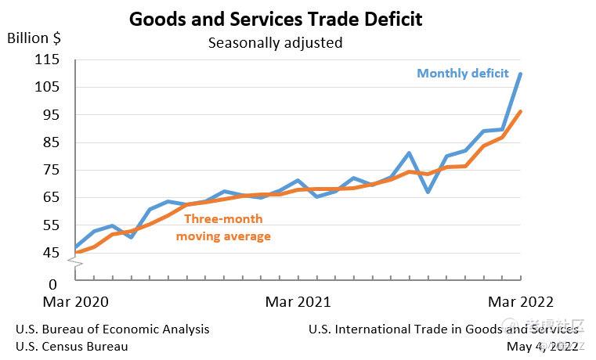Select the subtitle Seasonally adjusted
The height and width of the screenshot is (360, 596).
(x=275, y=42)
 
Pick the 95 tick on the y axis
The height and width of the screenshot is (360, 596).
(x=52, y=114)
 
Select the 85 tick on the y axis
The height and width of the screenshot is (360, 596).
(x=52, y=142)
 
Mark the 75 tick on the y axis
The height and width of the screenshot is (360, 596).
(x=52, y=170)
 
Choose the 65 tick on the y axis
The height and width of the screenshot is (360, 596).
(x=52, y=197)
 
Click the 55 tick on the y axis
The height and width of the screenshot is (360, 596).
(x=52, y=225)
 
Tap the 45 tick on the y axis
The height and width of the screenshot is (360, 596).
(x=52, y=253)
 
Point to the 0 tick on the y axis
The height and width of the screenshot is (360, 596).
(x=53, y=284)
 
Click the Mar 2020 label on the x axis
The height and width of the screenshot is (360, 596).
(x=76, y=302)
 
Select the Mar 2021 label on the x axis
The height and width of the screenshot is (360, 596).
(x=298, y=302)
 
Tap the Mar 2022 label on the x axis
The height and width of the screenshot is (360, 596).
(x=521, y=302)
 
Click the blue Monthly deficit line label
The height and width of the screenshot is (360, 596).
(x=463, y=74)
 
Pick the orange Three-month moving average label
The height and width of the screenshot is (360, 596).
(x=223, y=228)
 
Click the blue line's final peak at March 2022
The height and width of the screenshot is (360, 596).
(x=522, y=74)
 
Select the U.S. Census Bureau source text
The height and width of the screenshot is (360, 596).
(x=71, y=346)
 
